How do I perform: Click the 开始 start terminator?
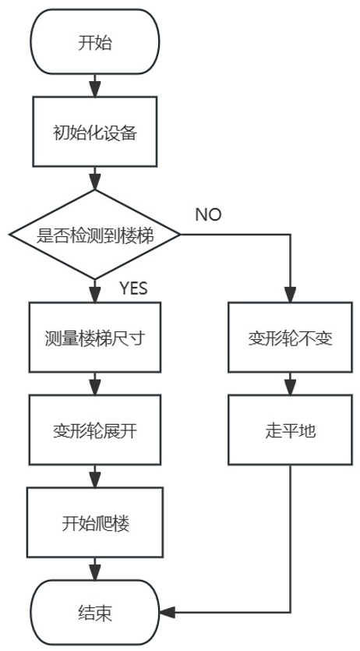(94, 42)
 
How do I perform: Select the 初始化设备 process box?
(94, 132)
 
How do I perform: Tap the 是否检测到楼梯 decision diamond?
(94, 234)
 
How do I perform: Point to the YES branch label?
(133, 288)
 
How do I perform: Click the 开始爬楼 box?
(94, 522)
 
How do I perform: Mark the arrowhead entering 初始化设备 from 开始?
(94, 83)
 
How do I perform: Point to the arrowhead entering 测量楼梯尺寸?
(94, 295)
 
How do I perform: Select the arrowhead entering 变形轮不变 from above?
(291, 295)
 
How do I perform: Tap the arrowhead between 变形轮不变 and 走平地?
(291, 387)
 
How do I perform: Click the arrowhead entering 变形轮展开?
(94, 387)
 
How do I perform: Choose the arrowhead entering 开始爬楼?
(94, 478)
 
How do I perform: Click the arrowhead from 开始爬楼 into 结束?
(94, 571)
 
